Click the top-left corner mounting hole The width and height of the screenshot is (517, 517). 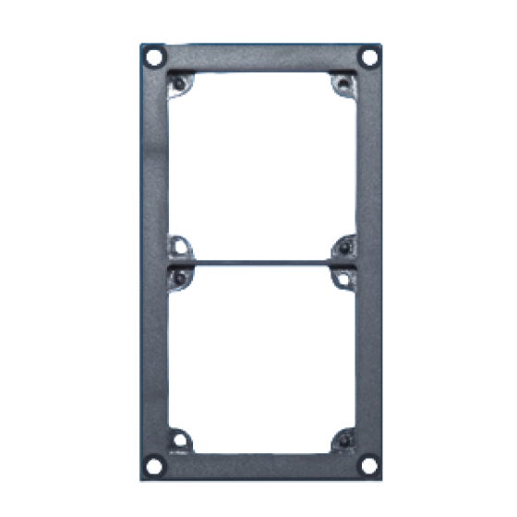(154, 57)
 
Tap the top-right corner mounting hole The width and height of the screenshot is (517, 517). (369, 57)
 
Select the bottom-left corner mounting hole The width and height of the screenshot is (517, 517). (155, 463)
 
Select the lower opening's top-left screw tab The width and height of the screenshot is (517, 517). (182, 276)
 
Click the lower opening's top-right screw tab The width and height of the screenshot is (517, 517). (343, 276)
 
